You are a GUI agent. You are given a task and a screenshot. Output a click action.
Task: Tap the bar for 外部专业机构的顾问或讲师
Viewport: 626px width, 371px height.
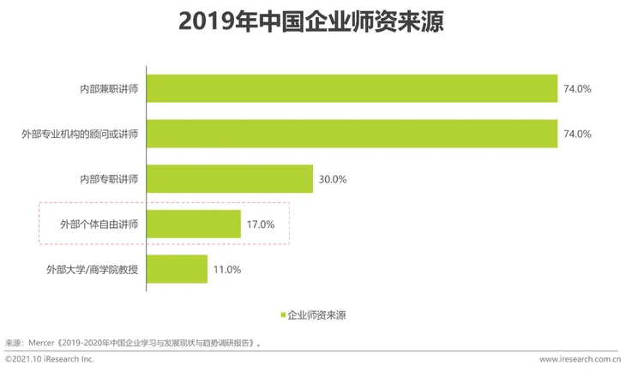352,135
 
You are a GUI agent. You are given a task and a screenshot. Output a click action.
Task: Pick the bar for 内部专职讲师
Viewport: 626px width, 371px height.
230,179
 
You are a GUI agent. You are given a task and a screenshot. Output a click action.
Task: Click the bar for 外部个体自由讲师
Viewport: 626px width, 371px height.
195,224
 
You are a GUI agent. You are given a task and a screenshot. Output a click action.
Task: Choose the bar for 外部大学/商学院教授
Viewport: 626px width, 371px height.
178,269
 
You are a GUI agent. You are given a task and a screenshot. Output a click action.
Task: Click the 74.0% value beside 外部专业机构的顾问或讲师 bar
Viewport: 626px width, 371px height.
578,135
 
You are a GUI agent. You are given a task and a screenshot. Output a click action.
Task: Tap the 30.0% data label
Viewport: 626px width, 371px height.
332,180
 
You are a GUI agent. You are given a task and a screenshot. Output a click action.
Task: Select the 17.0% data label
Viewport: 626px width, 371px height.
260,224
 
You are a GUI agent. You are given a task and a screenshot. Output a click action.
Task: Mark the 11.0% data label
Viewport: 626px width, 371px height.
226,269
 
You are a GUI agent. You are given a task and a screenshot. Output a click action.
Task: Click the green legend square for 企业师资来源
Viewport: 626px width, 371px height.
282,314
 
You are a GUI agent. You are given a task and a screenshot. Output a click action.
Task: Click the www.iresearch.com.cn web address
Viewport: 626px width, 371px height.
580,361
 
